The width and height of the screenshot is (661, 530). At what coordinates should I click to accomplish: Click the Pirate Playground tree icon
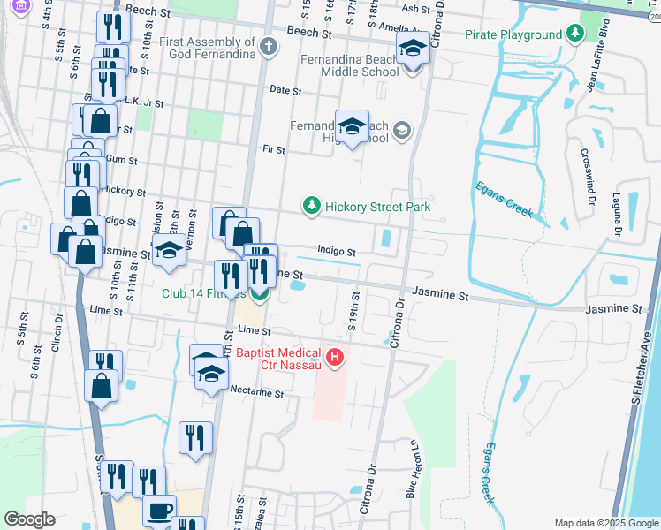[575, 34]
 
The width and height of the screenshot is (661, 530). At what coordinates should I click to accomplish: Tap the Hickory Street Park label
[377, 207]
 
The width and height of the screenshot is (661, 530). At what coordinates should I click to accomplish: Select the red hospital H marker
[335, 358]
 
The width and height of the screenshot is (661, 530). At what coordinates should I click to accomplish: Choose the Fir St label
[274, 150]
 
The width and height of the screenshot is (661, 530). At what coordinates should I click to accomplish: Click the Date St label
[285, 90]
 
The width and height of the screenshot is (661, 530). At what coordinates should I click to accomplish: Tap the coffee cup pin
[159, 511]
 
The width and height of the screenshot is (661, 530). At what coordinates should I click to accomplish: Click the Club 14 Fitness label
[203, 293]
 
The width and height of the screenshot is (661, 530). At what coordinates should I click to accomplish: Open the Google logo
[30, 519]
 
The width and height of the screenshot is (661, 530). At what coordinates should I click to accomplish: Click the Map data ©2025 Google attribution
[606, 523]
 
